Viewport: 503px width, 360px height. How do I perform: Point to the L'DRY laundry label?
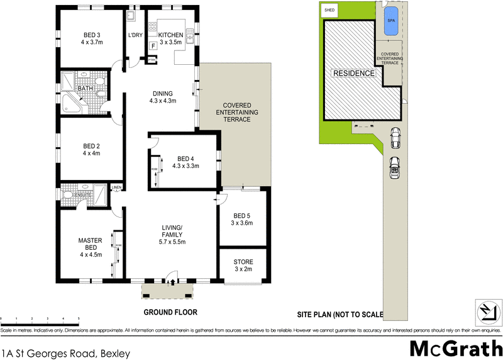(x=135, y=35)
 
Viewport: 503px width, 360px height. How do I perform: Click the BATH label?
(x=85, y=89)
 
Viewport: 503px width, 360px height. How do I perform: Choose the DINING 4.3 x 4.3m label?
(x=162, y=96)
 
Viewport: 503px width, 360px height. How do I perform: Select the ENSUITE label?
(x=83, y=195)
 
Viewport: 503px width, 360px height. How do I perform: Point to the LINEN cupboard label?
(x=116, y=188)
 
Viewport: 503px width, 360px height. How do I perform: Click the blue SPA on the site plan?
(x=390, y=20)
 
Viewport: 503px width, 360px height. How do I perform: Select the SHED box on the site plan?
(x=329, y=11)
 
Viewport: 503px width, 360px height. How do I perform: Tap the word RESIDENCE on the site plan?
(x=354, y=74)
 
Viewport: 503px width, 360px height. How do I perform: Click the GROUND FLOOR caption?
(x=170, y=312)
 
